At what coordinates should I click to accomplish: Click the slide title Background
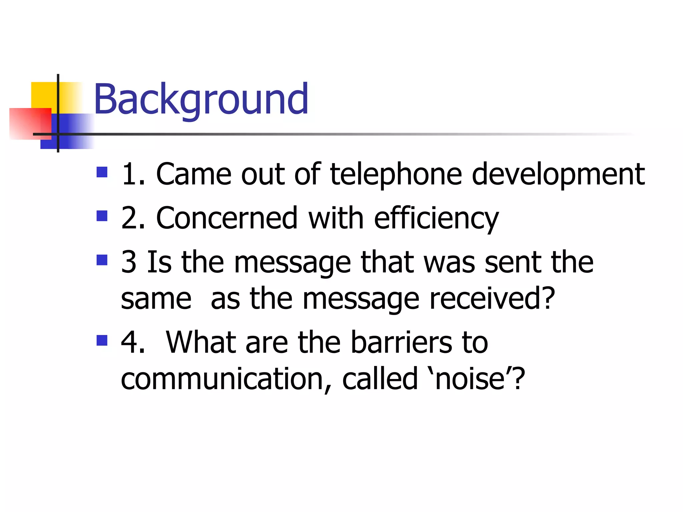[201, 99]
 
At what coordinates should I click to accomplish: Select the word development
[558, 175]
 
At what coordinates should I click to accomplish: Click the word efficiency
[436, 219]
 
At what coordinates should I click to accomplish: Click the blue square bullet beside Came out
[102, 172]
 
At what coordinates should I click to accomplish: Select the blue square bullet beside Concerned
[102, 216]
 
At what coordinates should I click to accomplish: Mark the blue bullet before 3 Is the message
[102, 260]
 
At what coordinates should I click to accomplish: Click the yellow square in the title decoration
[43, 95]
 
